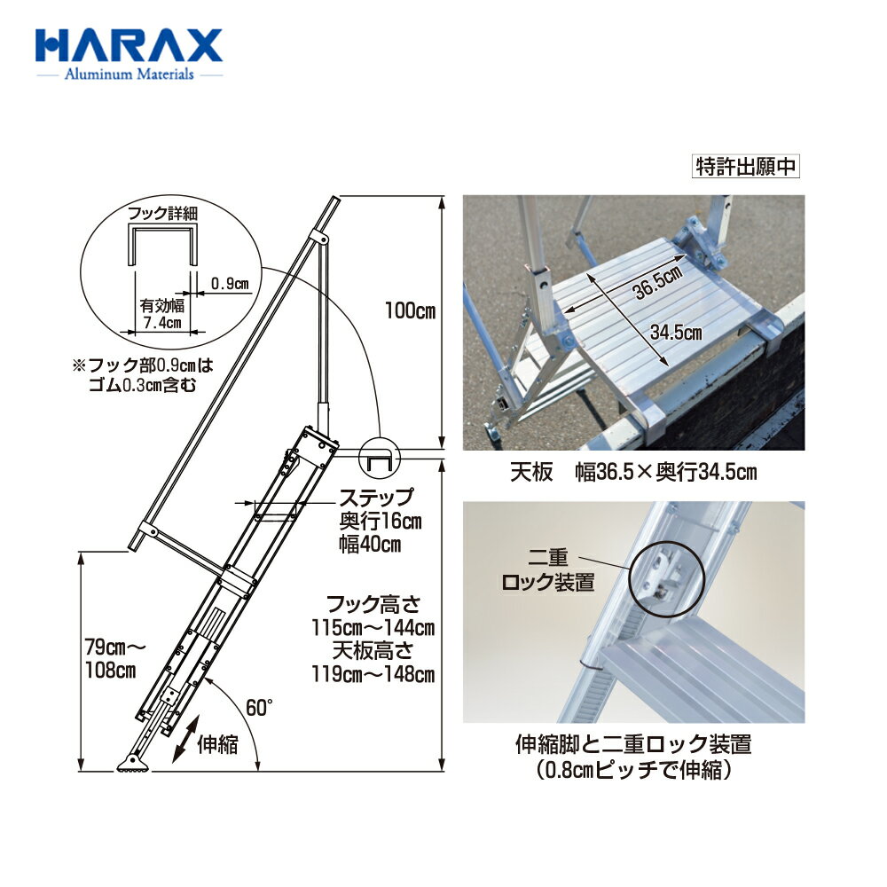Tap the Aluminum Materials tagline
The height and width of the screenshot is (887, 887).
coord(129,75)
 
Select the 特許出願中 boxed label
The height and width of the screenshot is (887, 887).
coord(746,168)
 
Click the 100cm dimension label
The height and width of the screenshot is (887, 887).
coord(410,311)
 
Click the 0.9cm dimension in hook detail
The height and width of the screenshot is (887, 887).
coord(230,284)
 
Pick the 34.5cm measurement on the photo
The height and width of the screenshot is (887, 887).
coord(676,334)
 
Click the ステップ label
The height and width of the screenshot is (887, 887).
coord(376,498)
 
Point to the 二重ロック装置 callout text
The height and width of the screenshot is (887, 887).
coord(551,572)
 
